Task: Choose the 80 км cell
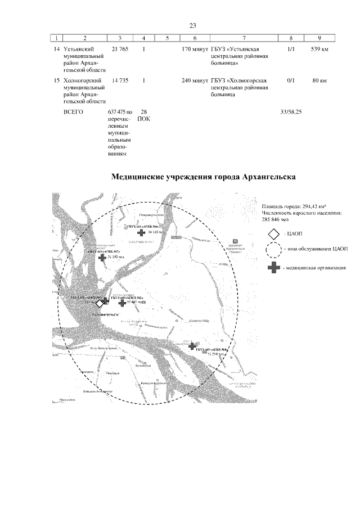pos(319,81)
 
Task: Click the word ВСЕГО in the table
pos(73,112)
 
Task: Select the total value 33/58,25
pos(291,112)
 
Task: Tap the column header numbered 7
pos(244,38)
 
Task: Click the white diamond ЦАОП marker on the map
pos(100,303)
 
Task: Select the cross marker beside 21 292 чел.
pos(102,258)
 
